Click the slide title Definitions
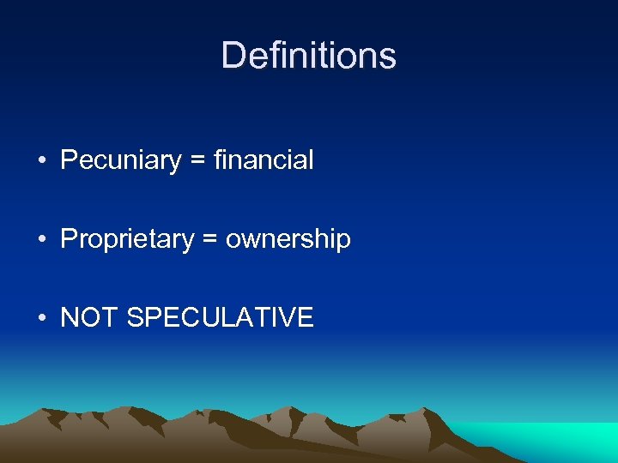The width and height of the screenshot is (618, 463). pyautogui.click(x=308, y=56)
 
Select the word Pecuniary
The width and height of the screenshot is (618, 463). pyautogui.click(x=121, y=160)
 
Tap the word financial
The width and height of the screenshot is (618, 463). pyautogui.click(x=264, y=160)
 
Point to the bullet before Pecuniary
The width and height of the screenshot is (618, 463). pyautogui.click(x=41, y=161)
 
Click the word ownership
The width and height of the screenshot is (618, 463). pyautogui.click(x=288, y=239)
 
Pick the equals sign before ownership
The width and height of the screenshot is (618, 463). pyautogui.click(x=210, y=240)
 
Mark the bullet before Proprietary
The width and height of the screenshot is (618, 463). pyautogui.click(x=41, y=240)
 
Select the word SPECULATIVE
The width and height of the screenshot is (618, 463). pyautogui.click(x=220, y=318)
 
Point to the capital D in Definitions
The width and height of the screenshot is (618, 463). pyautogui.click(x=233, y=56)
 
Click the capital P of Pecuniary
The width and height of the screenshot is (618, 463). pyautogui.click(x=69, y=160)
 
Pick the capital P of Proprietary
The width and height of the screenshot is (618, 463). pyautogui.click(x=69, y=239)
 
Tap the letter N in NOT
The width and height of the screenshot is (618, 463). pyautogui.click(x=70, y=318)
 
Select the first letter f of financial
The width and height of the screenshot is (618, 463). pyautogui.click(x=220, y=160)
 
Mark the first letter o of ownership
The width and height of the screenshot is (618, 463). pyautogui.click(x=233, y=241)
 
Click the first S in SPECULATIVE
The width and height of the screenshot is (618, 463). pyautogui.click(x=135, y=318)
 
